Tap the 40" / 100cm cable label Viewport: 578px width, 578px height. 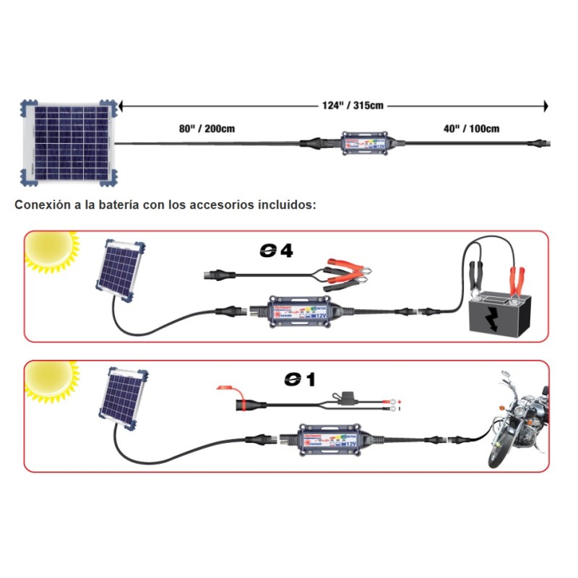[471, 129]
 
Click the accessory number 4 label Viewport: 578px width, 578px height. [277, 252]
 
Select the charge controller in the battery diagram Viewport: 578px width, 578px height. [303, 311]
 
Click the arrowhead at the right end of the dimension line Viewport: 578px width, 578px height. [545, 106]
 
